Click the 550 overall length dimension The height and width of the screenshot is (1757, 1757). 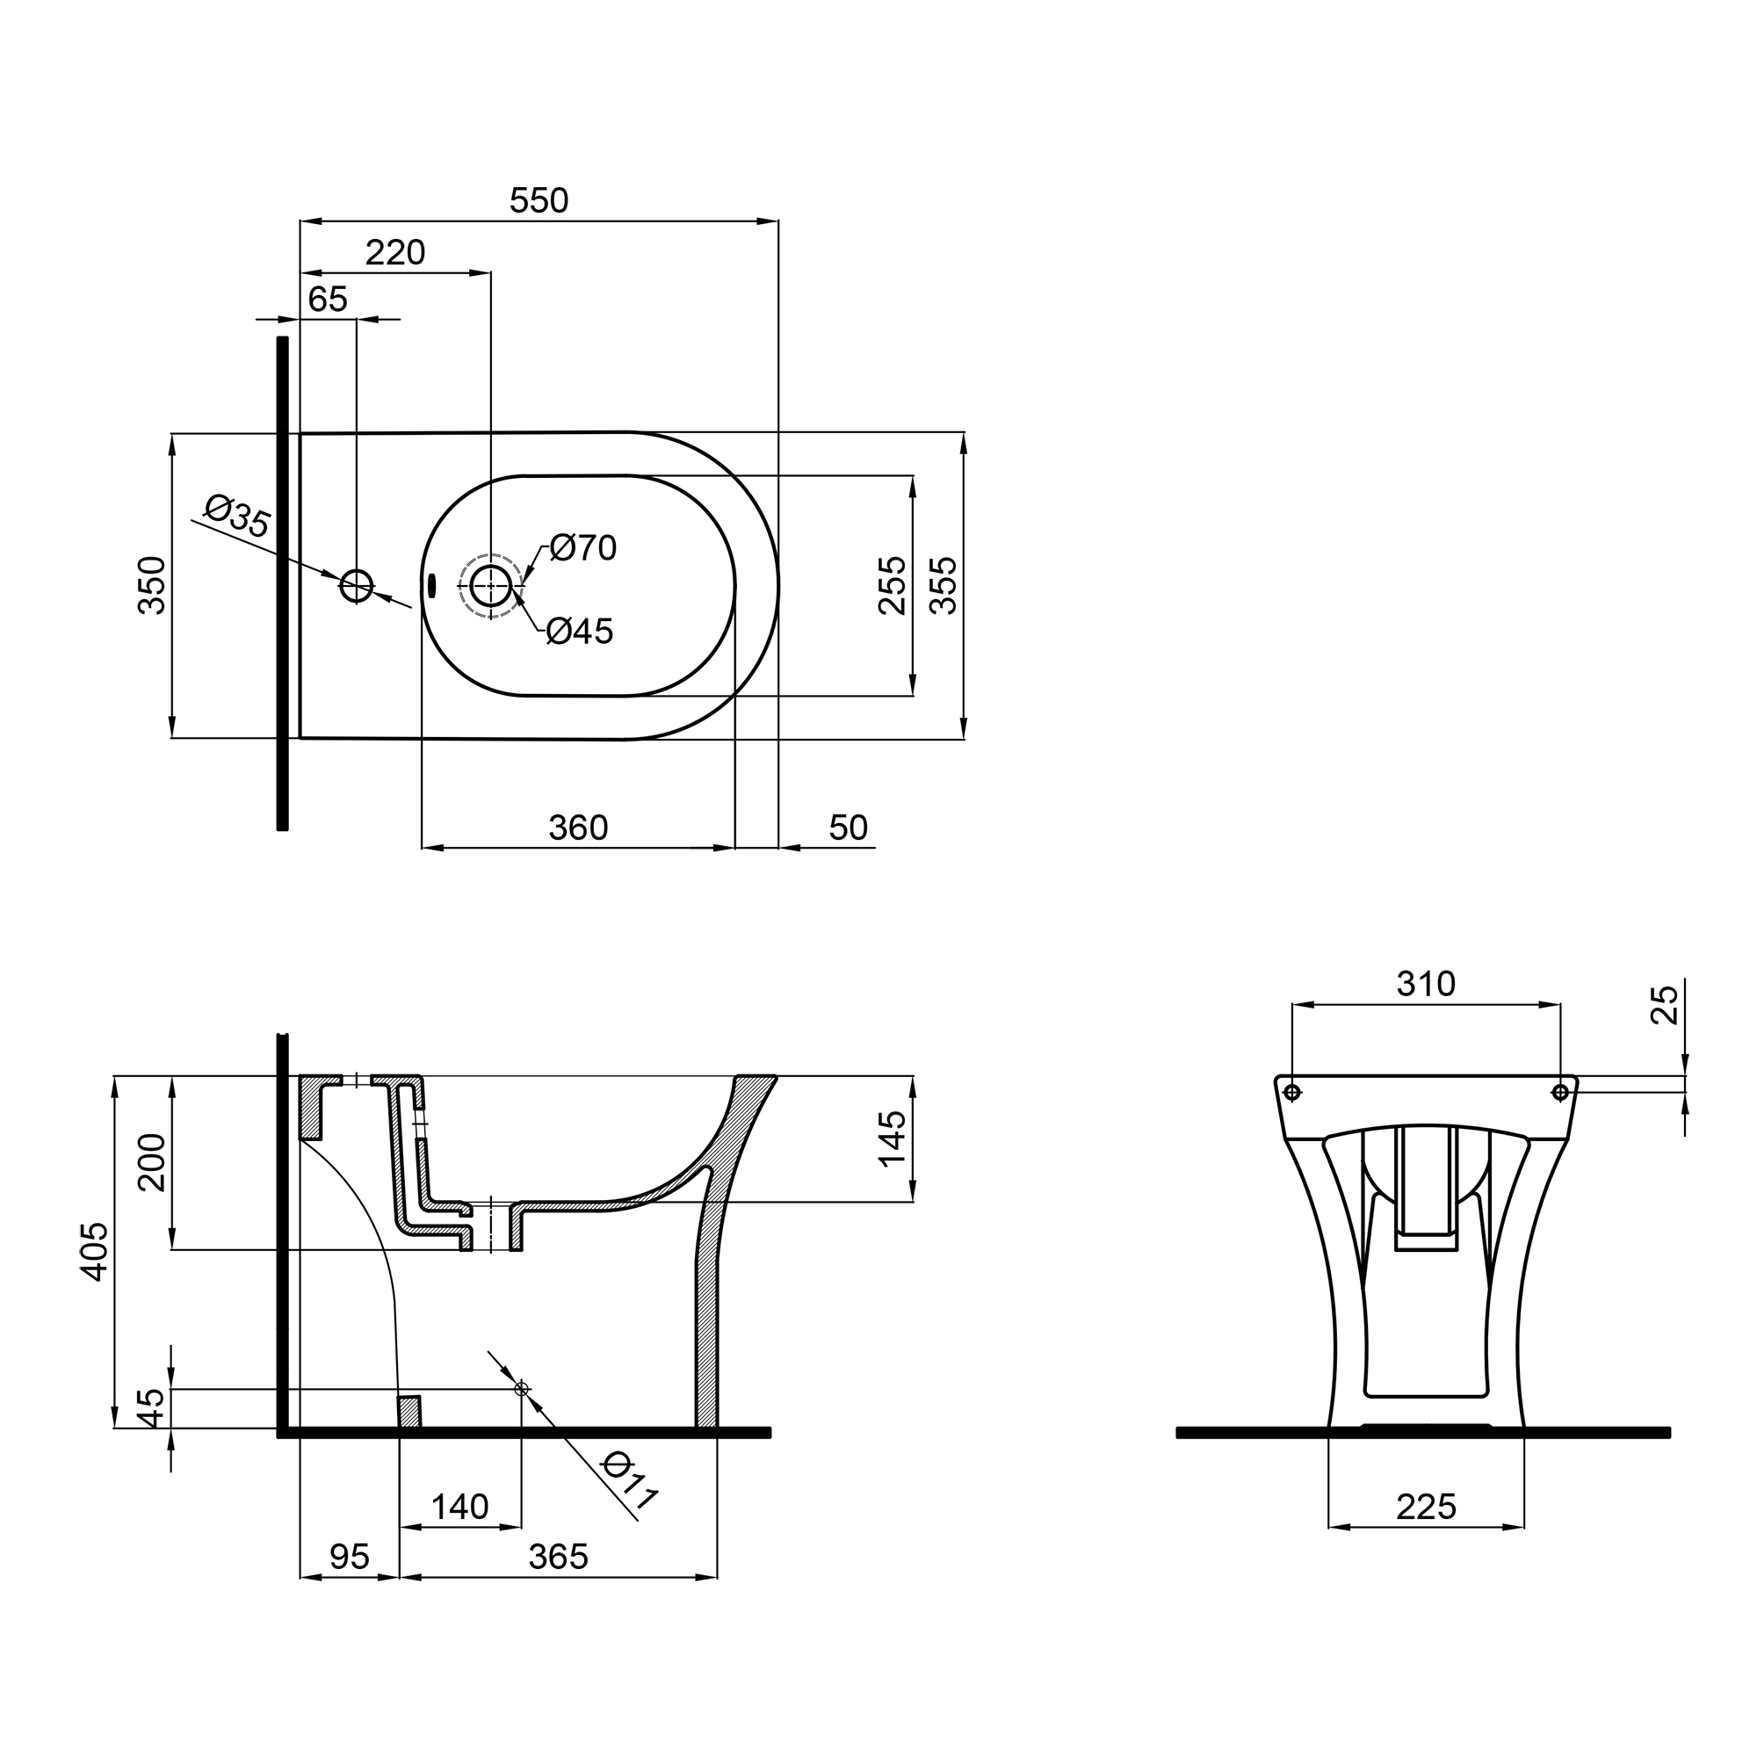pos(539,201)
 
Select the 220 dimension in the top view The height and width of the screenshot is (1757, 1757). pos(394,253)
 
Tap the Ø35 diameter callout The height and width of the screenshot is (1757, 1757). pos(236,516)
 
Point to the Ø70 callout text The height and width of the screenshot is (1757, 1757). pos(583,547)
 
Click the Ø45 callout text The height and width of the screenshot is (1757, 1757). pos(580,631)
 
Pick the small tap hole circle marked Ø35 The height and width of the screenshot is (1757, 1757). pos(357,587)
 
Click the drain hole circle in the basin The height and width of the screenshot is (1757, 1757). pos(491,586)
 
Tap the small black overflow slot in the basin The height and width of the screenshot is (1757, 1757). pos(431,585)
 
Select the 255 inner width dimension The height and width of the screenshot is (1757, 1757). pos(893,586)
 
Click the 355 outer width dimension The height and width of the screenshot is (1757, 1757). pos(944,586)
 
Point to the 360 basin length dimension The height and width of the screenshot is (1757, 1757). pos(577,828)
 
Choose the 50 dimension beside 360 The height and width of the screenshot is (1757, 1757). pos(848,828)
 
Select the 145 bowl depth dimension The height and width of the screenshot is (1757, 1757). pos(893,1138)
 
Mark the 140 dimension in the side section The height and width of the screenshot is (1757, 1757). pos(459,1508)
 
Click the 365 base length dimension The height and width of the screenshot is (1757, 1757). pos(558,1558)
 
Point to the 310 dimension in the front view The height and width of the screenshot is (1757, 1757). pos(1426,984)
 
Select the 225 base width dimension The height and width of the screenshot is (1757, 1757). pos(1426,1508)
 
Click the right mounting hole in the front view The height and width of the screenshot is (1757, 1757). pos(1559,1091)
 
